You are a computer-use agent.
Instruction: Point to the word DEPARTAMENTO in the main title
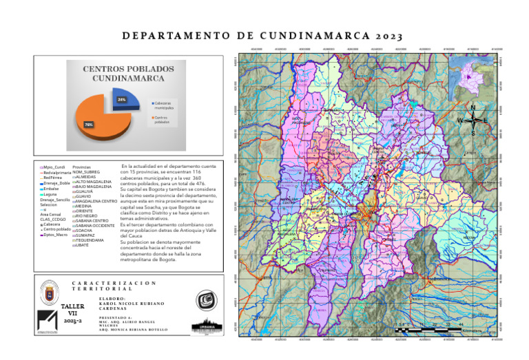(180, 36)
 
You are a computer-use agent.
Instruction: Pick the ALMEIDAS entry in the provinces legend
(87, 177)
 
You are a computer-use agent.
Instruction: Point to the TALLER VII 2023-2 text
(72, 313)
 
